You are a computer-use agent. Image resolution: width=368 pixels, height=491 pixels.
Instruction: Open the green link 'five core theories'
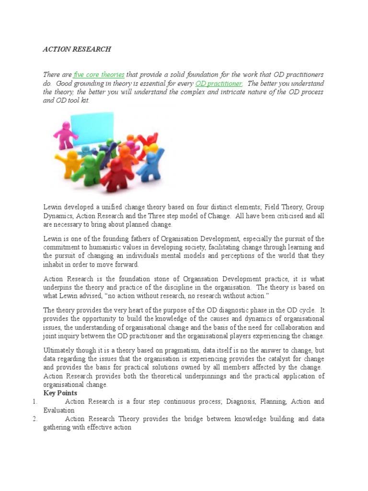click(99, 75)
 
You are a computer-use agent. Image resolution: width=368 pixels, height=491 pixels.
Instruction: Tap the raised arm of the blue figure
click(161, 156)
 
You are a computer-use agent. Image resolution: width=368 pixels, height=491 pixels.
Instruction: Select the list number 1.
click(35, 401)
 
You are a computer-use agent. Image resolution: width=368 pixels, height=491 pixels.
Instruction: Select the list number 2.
click(35, 419)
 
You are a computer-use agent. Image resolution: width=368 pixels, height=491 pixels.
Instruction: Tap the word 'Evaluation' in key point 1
click(59, 410)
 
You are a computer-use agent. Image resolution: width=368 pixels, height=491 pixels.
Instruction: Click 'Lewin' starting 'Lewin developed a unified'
click(52, 207)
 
